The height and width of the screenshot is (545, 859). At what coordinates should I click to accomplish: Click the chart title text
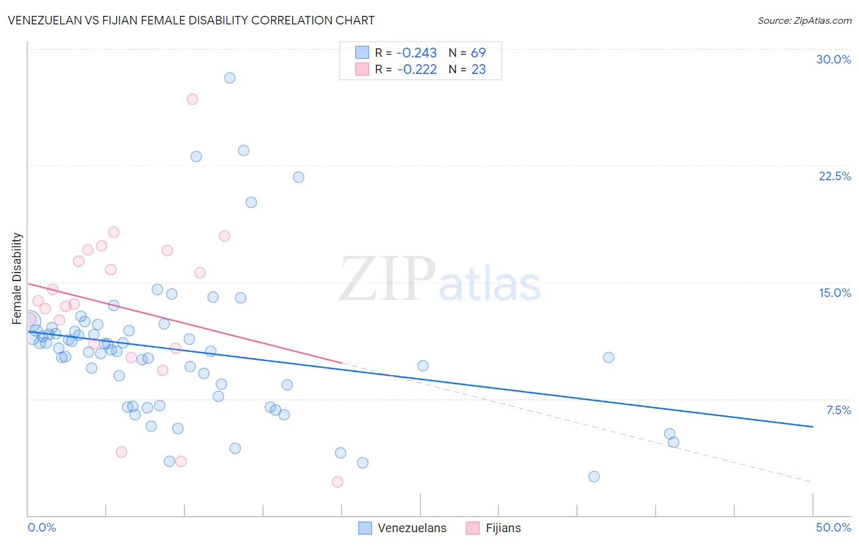191,20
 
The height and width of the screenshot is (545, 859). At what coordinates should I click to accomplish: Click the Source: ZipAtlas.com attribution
804,20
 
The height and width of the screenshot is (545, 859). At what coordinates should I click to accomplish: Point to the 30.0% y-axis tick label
833,59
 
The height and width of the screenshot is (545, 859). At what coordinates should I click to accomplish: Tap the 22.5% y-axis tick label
835,176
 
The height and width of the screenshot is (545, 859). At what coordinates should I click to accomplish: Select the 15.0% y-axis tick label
835,293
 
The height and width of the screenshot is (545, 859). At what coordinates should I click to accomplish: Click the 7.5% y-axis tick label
838,410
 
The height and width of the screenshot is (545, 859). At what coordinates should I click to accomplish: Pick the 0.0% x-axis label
42,527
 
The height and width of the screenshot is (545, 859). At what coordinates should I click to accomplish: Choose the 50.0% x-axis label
833,527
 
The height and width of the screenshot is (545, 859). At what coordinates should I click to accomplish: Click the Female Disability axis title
17,278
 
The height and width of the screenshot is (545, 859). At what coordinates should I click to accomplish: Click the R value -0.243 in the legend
417,53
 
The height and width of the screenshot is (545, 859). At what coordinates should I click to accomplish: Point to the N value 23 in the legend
478,70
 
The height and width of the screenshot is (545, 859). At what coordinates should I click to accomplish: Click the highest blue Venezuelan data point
230,78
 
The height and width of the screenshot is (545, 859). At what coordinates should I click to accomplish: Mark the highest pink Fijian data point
192,99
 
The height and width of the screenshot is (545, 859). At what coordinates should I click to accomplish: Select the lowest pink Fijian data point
337,482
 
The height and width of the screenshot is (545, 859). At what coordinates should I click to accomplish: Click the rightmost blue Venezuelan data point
673,442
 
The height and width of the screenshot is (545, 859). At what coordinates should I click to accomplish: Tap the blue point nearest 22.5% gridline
299,177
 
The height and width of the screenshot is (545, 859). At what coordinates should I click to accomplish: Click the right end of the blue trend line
813,426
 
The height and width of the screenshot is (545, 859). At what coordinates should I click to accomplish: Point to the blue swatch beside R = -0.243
362,53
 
